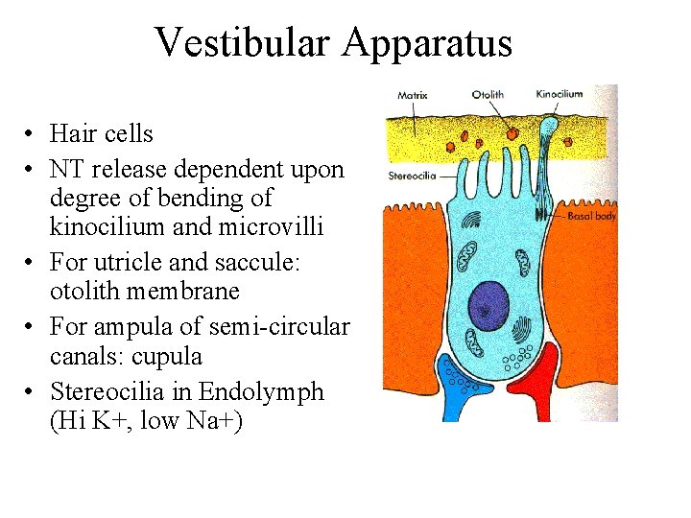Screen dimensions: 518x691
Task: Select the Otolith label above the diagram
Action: point(488,94)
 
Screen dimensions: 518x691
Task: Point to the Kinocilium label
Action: point(558,94)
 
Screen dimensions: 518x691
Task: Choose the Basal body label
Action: point(591,217)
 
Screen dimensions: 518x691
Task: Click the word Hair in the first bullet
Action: point(73,134)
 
